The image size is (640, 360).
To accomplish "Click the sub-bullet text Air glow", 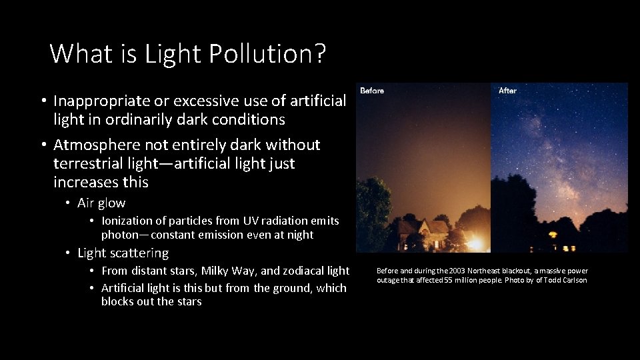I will [101, 203].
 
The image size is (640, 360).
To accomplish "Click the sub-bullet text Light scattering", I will [123, 253].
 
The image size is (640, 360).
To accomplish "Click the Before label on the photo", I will [372, 91].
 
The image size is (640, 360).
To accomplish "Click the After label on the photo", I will [507, 91].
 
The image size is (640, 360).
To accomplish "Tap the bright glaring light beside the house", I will [475, 243].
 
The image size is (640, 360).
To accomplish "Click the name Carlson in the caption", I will [573, 280].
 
